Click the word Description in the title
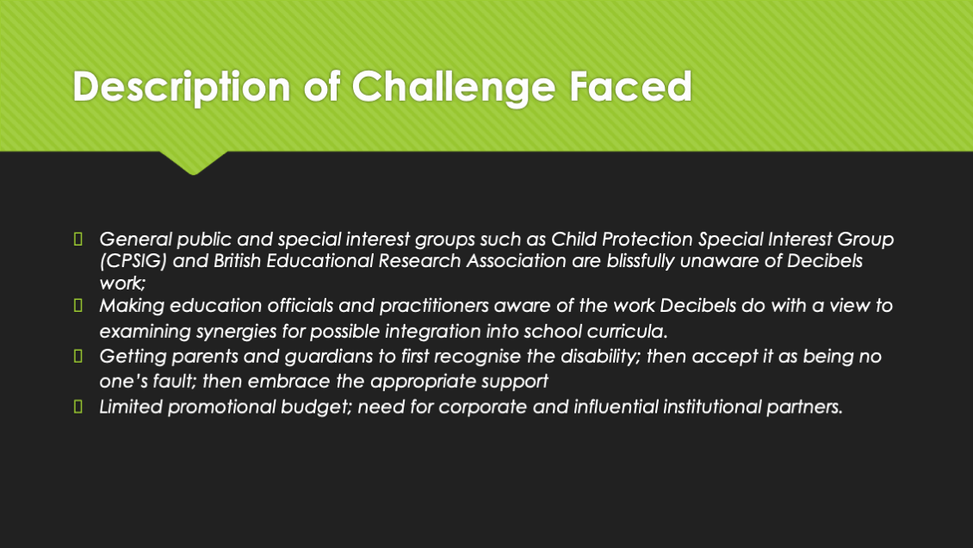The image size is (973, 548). (181, 86)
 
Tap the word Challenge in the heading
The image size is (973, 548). (453, 86)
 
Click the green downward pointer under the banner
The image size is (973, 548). (193, 163)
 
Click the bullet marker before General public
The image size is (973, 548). (78, 239)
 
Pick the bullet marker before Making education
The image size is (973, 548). (78, 305)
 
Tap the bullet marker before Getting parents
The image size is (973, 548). (78, 356)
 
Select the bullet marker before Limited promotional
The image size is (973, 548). (78, 407)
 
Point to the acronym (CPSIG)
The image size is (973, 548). (133, 261)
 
